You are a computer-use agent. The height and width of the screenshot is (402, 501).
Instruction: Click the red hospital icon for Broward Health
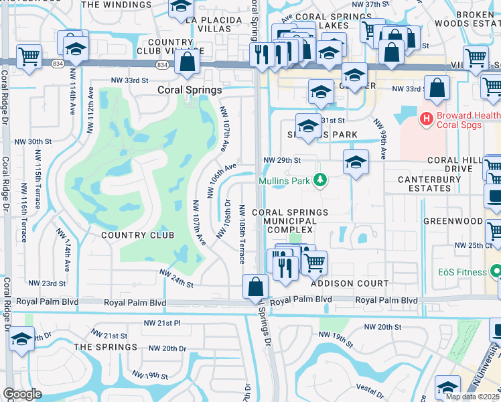[x=425, y=119]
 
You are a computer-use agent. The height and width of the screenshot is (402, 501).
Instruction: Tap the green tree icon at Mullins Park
[x=321, y=180]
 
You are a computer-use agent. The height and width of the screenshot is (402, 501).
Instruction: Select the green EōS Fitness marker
[x=496, y=271]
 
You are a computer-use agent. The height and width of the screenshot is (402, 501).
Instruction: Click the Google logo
[x=22, y=394]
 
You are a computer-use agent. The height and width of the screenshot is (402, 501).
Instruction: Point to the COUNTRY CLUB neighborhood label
[x=137, y=235]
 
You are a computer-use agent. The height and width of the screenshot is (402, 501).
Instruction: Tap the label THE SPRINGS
[x=105, y=346]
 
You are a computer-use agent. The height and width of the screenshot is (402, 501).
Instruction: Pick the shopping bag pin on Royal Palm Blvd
[x=255, y=287]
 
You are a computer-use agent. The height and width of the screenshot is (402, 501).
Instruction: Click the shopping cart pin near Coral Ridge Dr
[x=28, y=56]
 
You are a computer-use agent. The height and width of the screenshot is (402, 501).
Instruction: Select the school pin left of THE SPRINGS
[x=21, y=339]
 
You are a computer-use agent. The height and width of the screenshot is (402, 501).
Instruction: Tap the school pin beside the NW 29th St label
[x=355, y=162]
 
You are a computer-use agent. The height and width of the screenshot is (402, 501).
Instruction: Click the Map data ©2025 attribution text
[x=473, y=397]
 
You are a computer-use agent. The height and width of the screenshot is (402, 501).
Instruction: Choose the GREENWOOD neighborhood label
[x=452, y=220]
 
